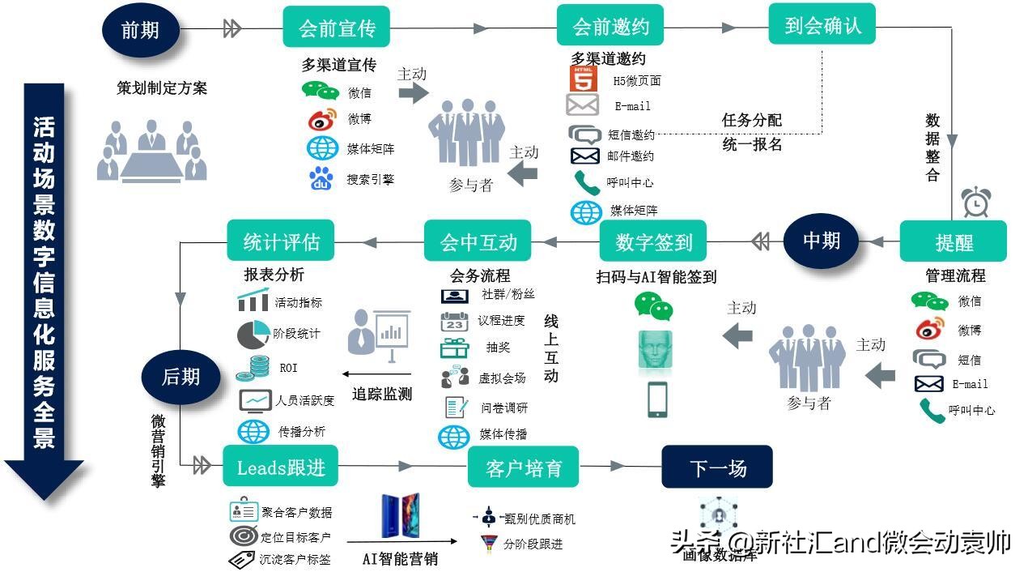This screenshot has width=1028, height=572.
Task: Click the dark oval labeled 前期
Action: tap(141, 30)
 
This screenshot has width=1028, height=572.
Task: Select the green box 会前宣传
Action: tap(337, 28)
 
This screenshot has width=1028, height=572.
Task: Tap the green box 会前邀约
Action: tap(610, 26)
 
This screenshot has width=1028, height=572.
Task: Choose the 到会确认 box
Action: tap(822, 25)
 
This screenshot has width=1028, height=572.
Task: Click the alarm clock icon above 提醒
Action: tap(976, 201)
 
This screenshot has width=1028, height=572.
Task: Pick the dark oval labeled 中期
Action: tap(821, 241)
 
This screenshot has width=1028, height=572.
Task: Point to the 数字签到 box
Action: tap(653, 241)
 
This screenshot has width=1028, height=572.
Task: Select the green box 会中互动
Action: tap(478, 241)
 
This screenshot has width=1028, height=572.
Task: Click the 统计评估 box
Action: tap(281, 241)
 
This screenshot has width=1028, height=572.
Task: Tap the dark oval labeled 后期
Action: tap(181, 376)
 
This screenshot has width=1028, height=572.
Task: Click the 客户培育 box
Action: tap(523, 467)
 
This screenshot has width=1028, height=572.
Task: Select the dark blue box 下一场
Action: tap(717, 467)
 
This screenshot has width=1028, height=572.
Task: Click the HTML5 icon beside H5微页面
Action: tap(583, 79)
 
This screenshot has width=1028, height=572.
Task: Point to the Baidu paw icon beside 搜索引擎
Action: tap(322, 179)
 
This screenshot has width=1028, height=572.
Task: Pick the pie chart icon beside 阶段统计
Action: tap(253, 333)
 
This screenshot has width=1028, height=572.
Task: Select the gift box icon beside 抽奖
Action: tap(454, 348)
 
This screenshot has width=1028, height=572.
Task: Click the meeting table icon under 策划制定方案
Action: tap(152, 149)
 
